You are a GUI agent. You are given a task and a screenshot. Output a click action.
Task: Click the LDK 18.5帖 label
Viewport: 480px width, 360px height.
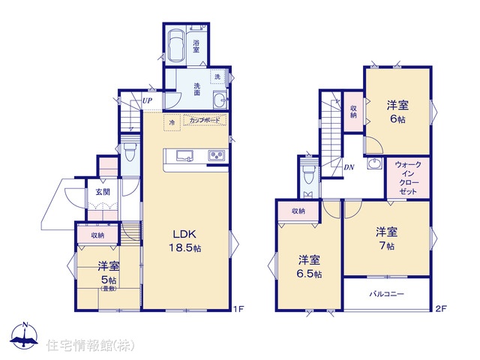click(185, 241)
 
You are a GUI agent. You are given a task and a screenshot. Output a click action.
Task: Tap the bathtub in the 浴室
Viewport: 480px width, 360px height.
click(175, 46)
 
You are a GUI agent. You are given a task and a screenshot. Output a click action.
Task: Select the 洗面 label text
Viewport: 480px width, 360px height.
click(196, 89)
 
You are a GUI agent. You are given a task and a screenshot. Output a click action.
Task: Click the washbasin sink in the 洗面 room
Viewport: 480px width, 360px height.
click(219, 99)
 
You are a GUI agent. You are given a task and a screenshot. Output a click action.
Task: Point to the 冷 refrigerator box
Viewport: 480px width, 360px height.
click(172, 123)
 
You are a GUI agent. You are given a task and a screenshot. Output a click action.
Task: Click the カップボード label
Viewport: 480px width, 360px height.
click(205, 120)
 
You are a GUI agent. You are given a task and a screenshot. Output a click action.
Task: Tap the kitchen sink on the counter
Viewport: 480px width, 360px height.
click(184, 155)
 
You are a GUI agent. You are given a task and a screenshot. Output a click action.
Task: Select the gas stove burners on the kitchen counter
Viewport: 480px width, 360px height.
click(217, 155)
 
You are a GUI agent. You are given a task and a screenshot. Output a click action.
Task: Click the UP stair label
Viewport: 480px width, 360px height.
click(147, 100)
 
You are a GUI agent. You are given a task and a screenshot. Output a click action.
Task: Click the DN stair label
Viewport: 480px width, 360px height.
click(349, 167)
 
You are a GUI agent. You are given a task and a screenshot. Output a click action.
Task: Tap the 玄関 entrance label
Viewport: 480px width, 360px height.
click(103, 192)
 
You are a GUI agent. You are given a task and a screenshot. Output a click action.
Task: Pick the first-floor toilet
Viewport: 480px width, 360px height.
click(130, 152)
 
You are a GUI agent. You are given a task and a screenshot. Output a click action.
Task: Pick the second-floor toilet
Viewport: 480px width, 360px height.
click(308, 173)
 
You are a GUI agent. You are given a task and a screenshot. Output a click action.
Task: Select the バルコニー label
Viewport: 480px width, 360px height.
click(387, 294)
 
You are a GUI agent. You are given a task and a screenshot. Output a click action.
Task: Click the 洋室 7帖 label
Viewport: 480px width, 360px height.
click(387, 238)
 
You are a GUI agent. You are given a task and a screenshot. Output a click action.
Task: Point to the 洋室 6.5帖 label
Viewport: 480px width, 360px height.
click(309, 266)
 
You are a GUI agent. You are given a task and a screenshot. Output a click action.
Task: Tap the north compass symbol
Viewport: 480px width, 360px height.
click(25, 335)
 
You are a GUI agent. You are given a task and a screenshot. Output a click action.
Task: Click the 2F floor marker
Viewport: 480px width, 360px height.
click(441, 308)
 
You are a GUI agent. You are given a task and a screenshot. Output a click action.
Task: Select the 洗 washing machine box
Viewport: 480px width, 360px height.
click(217, 76)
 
